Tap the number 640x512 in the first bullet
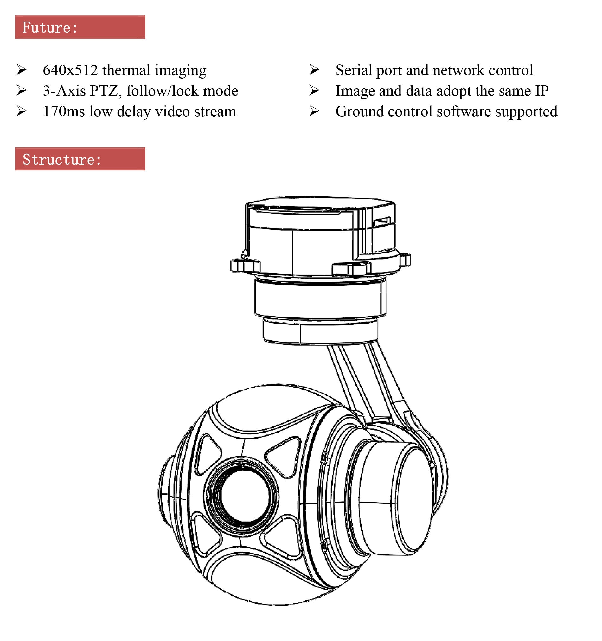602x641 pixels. click(x=70, y=70)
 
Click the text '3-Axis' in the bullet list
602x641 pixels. click(x=64, y=91)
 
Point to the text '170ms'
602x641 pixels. click(x=64, y=112)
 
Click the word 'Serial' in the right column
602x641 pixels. click(x=353, y=70)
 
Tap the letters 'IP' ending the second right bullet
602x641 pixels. click(x=541, y=91)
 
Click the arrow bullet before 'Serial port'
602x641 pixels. click(x=314, y=70)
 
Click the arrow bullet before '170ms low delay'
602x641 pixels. click(x=21, y=111)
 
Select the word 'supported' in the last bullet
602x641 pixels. click(x=526, y=112)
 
